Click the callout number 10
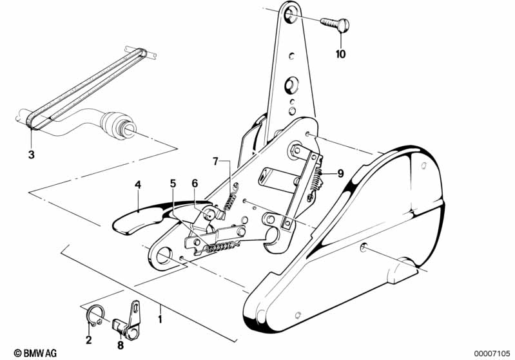340,54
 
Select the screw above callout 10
335,24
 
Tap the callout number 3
31,155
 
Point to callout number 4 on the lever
138,185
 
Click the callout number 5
173,183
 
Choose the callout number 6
195,183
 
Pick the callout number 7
215,161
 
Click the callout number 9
340,173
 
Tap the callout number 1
160,319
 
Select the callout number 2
89,340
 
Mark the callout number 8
121,345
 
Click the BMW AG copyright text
35,353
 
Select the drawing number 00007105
492,354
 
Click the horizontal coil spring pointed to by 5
218,247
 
